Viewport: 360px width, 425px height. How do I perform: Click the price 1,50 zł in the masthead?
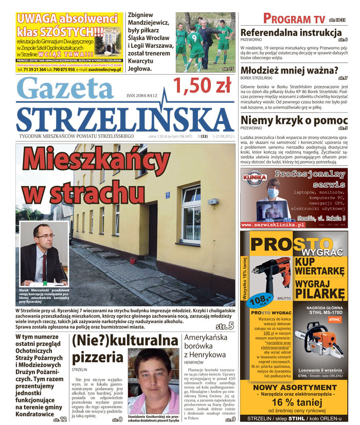[202, 86]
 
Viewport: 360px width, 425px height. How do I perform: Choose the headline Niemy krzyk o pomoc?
[290, 120]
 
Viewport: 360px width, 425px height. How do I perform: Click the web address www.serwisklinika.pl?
[273, 225]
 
